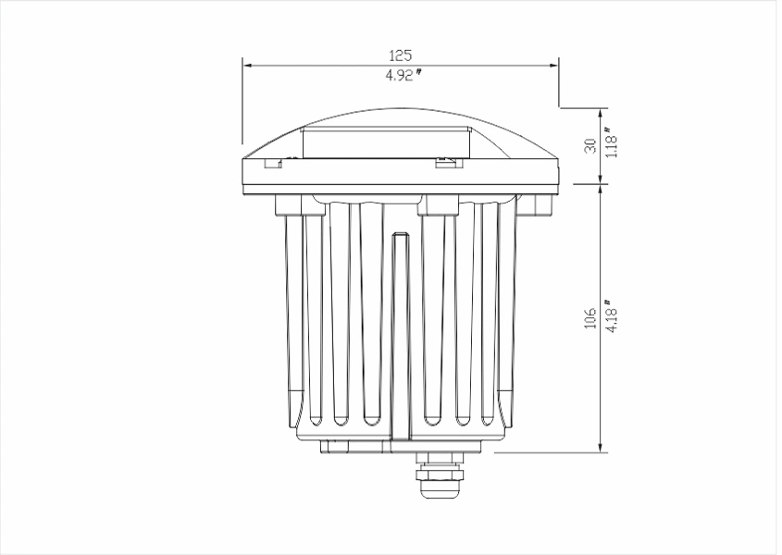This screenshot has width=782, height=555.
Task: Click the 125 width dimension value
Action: coord(401,55)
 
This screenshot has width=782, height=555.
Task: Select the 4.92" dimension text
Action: coord(403,75)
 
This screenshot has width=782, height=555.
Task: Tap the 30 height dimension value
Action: coord(590,145)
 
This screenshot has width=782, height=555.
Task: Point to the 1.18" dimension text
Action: coord(611,142)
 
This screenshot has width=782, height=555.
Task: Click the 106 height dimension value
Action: coord(590,318)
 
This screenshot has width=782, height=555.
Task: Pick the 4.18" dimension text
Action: coord(611,315)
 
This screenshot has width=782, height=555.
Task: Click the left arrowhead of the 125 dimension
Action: coord(248,66)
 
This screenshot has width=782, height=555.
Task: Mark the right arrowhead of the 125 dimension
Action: coord(553,66)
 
